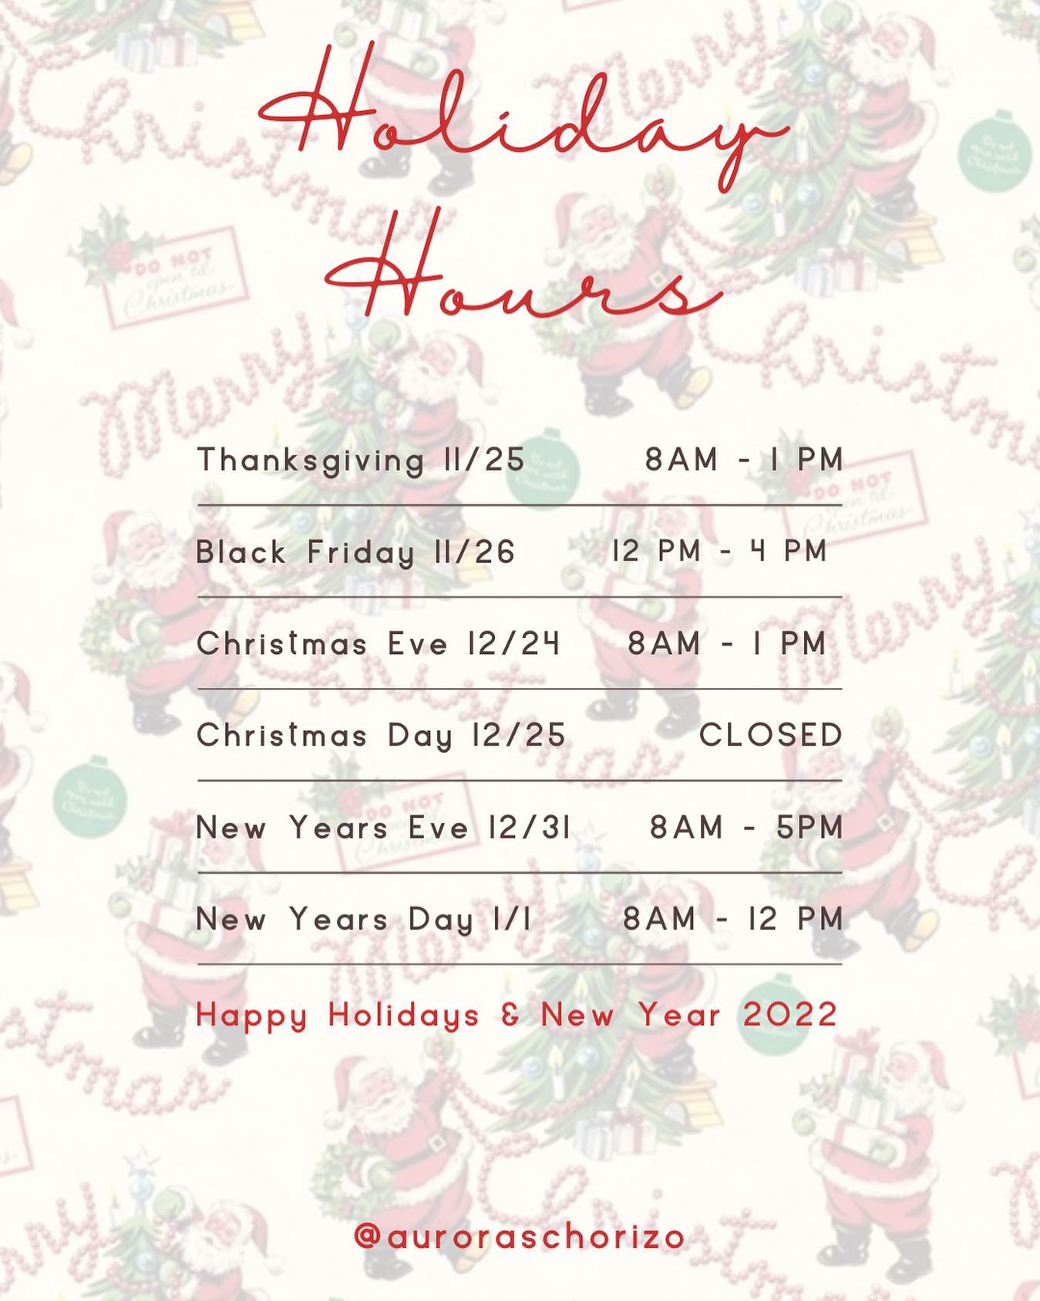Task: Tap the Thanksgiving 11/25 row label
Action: tap(361, 461)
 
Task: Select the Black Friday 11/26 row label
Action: tap(355, 553)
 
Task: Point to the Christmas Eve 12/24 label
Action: tap(378, 644)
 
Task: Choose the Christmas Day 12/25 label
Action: tap(382, 736)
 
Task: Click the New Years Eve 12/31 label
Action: tap(384, 828)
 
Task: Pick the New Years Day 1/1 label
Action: tap(364, 920)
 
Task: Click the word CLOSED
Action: tap(771, 736)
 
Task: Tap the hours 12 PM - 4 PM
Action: tap(720, 552)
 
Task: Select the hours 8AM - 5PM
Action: tap(746, 828)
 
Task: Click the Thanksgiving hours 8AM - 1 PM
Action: tap(744, 460)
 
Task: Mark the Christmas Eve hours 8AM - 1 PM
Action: tap(727, 644)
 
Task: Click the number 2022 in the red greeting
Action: tap(791, 1015)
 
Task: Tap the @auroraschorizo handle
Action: tap(520, 1237)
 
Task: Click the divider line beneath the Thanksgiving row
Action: tap(520, 506)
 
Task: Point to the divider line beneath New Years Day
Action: tap(520, 964)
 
